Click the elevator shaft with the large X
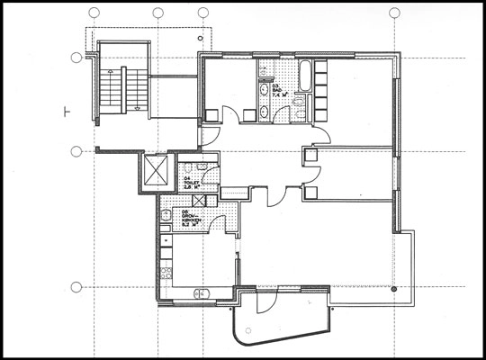pyautogui.click(x=156, y=170)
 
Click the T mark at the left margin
pyautogui.click(x=67, y=112)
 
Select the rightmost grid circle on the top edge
pyautogui.click(x=393, y=13)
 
